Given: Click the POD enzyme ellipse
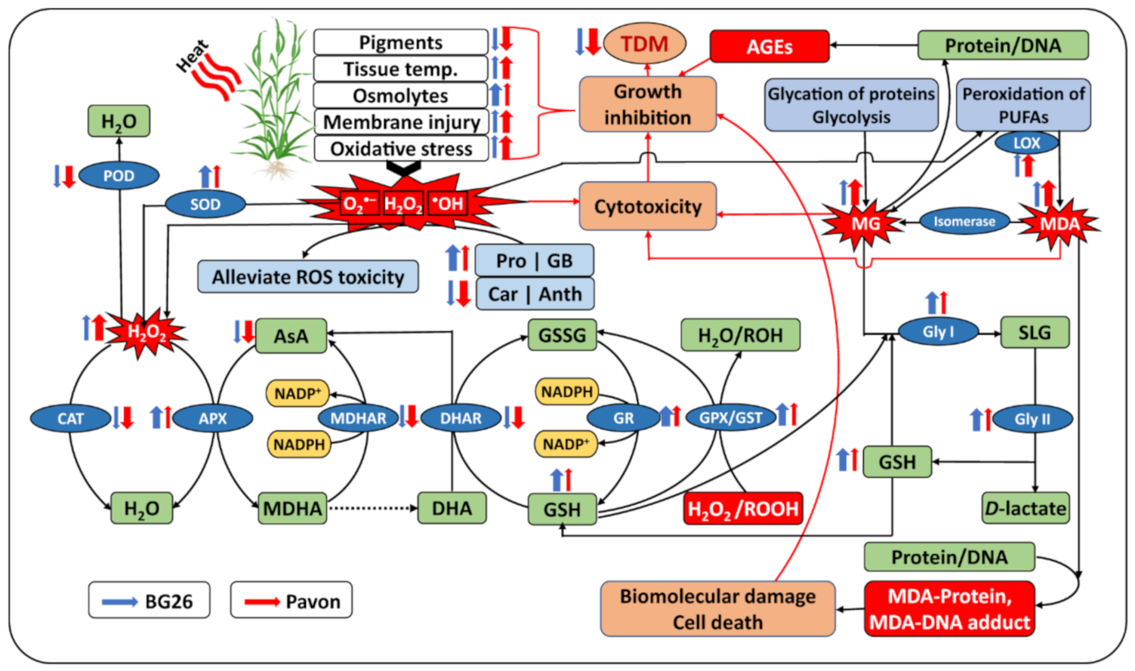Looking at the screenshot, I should pyautogui.click(x=119, y=176).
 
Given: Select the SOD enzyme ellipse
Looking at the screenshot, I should pyautogui.click(x=205, y=204).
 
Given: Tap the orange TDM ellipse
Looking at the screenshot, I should pyautogui.click(x=644, y=44).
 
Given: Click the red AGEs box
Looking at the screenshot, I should pyautogui.click(x=769, y=47).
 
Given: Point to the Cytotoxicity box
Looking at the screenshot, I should pyautogui.click(x=647, y=206).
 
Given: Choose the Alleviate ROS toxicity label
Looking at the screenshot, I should pyautogui.click(x=307, y=277).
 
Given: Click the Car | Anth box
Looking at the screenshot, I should pyautogui.click(x=535, y=294).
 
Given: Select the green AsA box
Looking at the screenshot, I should pyautogui.click(x=291, y=336).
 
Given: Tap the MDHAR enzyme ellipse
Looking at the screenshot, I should pyautogui.click(x=358, y=418).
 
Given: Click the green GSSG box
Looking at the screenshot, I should pyautogui.click(x=562, y=335).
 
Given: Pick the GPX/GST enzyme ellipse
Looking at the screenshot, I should pyautogui.click(x=730, y=418).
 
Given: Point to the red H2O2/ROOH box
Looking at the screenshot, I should pyautogui.click(x=742, y=509).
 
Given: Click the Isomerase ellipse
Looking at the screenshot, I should pyautogui.click(x=964, y=222).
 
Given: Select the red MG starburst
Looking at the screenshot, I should pyautogui.click(x=865, y=223).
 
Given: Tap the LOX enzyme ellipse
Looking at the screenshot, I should pyautogui.click(x=1026, y=143).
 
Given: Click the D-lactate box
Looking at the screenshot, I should pyautogui.click(x=1025, y=509).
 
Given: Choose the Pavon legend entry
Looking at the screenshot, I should pyautogui.click(x=291, y=601).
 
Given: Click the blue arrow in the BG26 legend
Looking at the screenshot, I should pyautogui.click(x=119, y=602).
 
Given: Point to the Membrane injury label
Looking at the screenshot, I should pyautogui.click(x=401, y=122).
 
